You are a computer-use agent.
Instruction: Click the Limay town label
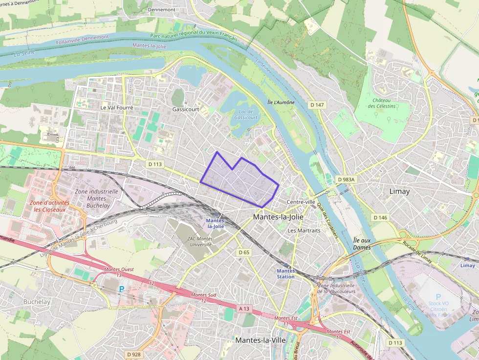tap(399, 191)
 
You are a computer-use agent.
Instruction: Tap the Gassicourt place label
tap(186, 109)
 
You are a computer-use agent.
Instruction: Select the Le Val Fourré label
tap(117, 107)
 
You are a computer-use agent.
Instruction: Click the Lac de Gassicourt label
tap(245, 114)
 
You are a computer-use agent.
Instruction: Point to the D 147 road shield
tap(317, 105)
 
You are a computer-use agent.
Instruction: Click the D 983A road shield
tap(347, 180)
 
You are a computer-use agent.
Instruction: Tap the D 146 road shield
tap(380, 217)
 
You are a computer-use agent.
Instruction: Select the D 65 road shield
tap(244, 253)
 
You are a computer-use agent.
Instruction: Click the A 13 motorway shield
tap(244, 309)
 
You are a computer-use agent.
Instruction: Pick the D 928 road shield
tap(133, 354)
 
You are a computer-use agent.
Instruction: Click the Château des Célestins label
tap(383, 103)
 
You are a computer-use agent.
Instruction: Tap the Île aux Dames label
tap(362, 244)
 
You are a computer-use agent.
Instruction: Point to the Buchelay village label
tap(37, 302)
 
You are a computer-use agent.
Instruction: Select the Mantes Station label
tap(285, 274)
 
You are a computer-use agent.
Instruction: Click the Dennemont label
tap(161, 9)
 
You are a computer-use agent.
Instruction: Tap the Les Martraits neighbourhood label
tap(304, 230)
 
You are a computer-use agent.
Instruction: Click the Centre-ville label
tap(301, 202)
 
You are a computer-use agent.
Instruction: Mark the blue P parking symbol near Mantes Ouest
tap(121, 290)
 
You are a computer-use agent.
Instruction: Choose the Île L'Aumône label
tap(281, 103)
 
